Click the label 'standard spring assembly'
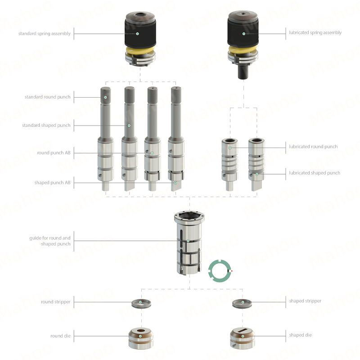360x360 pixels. point(44,33)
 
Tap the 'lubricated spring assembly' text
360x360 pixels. point(315,32)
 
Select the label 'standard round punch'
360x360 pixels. point(48,97)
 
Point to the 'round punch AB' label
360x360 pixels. point(54,153)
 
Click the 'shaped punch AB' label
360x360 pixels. point(52,183)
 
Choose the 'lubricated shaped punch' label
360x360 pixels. point(315,173)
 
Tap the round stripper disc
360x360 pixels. point(141,304)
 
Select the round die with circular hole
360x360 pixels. point(141,338)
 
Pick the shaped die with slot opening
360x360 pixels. point(242,338)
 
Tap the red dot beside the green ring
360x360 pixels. point(232,271)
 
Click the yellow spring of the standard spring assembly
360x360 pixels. point(140,51)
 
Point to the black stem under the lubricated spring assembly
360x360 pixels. point(243,72)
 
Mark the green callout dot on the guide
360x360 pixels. point(188,241)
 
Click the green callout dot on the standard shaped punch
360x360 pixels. point(129,126)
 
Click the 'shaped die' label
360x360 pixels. point(300,335)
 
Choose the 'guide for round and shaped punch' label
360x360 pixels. point(50,241)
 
